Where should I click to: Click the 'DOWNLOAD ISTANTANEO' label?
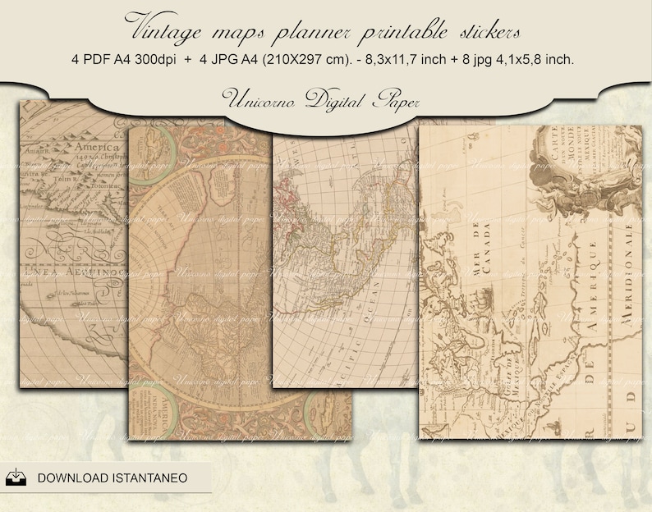click(x=112, y=477)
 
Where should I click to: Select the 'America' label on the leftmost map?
click(x=82, y=150)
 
